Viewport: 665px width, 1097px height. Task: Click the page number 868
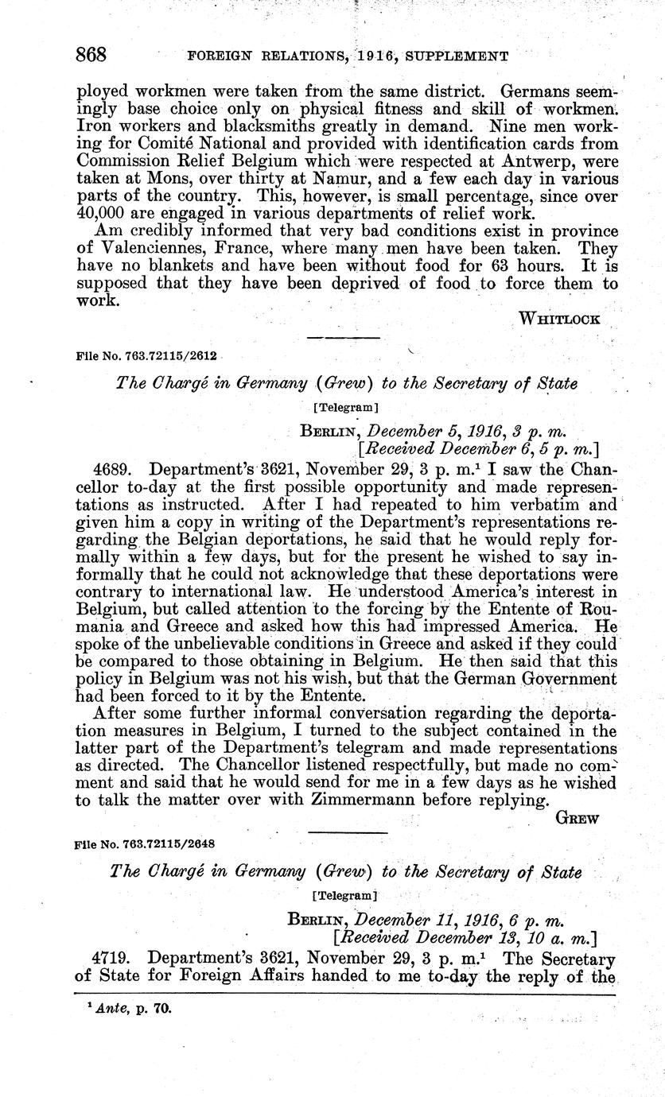[x=91, y=56]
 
